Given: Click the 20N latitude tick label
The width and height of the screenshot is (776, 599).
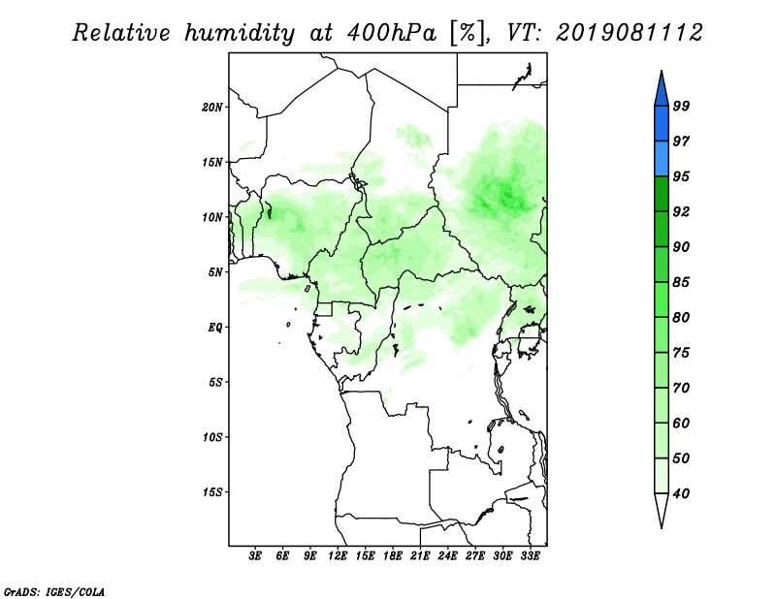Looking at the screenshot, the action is tap(212, 108).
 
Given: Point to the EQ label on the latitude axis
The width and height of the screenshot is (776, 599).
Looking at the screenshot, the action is tap(215, 328).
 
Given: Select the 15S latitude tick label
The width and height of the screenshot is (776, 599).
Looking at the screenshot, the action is tap(212, 492).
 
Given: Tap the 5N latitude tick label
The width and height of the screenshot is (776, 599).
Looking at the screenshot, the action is tap(215, 272).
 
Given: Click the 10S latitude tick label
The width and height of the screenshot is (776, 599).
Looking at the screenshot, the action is tap(212, 437).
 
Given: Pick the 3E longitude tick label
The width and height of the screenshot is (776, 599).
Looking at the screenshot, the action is tap(255, 555).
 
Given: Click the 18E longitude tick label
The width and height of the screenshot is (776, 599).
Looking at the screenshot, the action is tap(393, 555).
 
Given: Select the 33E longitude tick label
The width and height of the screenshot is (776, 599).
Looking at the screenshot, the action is tap(530, 555).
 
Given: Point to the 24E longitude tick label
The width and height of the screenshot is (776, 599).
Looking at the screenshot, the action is tap(447, 555).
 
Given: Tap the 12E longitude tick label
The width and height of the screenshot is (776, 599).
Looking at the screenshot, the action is tap(338, 555).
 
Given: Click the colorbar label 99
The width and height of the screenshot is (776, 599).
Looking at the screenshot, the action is tap(681, 106).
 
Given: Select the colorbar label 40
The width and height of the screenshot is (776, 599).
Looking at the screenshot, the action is tap(681, 493).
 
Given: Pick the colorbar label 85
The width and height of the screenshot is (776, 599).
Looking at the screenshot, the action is tap(681, 282).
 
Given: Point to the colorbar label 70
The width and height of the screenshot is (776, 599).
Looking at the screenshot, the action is tap(681, 388).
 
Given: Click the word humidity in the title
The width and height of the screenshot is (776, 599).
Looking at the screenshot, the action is tap(240, 34).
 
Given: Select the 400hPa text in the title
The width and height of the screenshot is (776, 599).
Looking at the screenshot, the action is tap(392, 33).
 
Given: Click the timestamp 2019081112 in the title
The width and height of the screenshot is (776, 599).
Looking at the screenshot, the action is tap(629, 33).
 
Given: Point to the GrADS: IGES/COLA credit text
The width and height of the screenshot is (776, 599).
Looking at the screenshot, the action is tap(54, 591).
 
